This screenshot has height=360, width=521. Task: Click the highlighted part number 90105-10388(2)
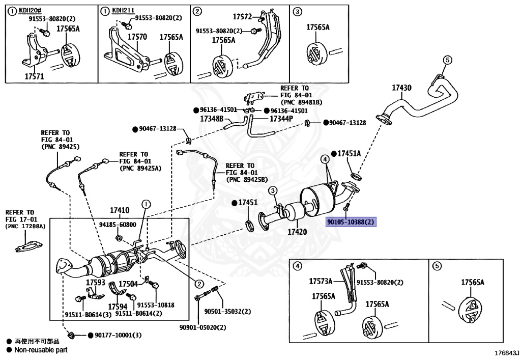pos(350,222)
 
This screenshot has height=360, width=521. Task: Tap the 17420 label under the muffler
pos(298,232)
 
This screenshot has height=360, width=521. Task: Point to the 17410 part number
pos(120,210)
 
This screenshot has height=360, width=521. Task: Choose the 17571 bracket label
pos(34,76)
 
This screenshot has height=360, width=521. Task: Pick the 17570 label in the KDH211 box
pos(137,37)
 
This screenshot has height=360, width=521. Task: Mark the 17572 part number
pos(243,17)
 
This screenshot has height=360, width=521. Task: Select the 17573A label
pos(321,281)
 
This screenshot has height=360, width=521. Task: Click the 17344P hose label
pos(281,119)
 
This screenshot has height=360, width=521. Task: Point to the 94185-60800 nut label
pos(118,224)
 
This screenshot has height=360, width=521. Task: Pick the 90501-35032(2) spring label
pos(227,312)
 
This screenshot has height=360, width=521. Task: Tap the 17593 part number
pos(95,282)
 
